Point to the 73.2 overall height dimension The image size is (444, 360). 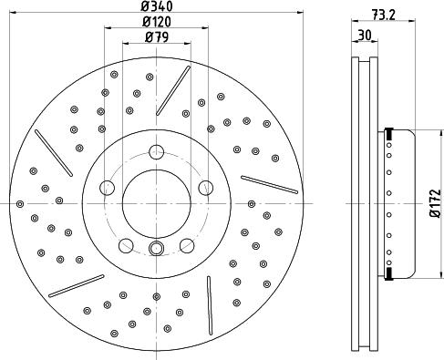tap(384, 15)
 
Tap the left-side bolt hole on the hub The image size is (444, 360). tap(108, 188)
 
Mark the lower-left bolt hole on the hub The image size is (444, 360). tap(126, 243)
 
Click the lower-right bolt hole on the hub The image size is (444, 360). tap(186, 243)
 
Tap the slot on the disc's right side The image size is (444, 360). tap(269, 183)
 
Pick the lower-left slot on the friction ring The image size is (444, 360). tap(77, 285)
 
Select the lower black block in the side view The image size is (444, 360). tap(389, 273)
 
